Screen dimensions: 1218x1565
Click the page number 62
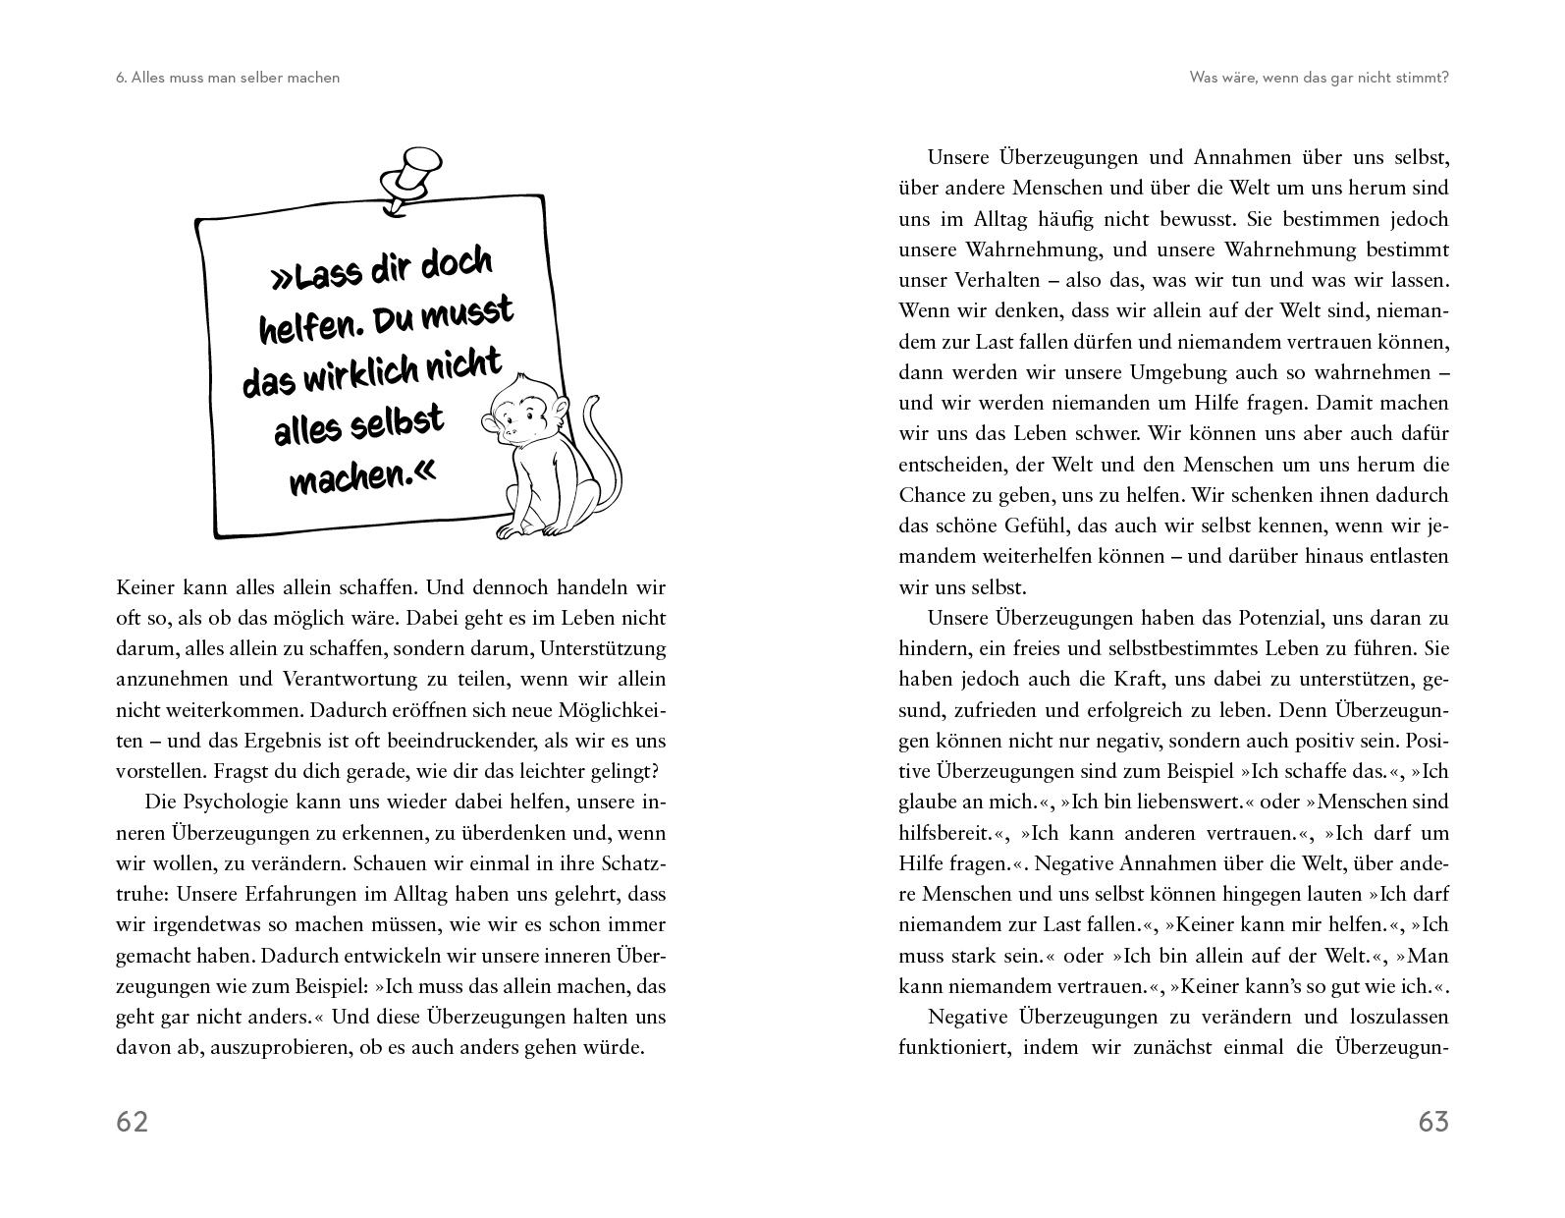(133, 1122)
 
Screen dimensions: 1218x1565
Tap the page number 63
(1433, 1122)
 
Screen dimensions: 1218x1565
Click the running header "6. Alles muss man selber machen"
(228, 77)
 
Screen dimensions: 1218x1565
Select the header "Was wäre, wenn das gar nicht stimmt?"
(1319, 77)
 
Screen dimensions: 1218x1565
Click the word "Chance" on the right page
(931, 495)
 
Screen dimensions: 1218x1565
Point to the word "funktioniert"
(954, 1047)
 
